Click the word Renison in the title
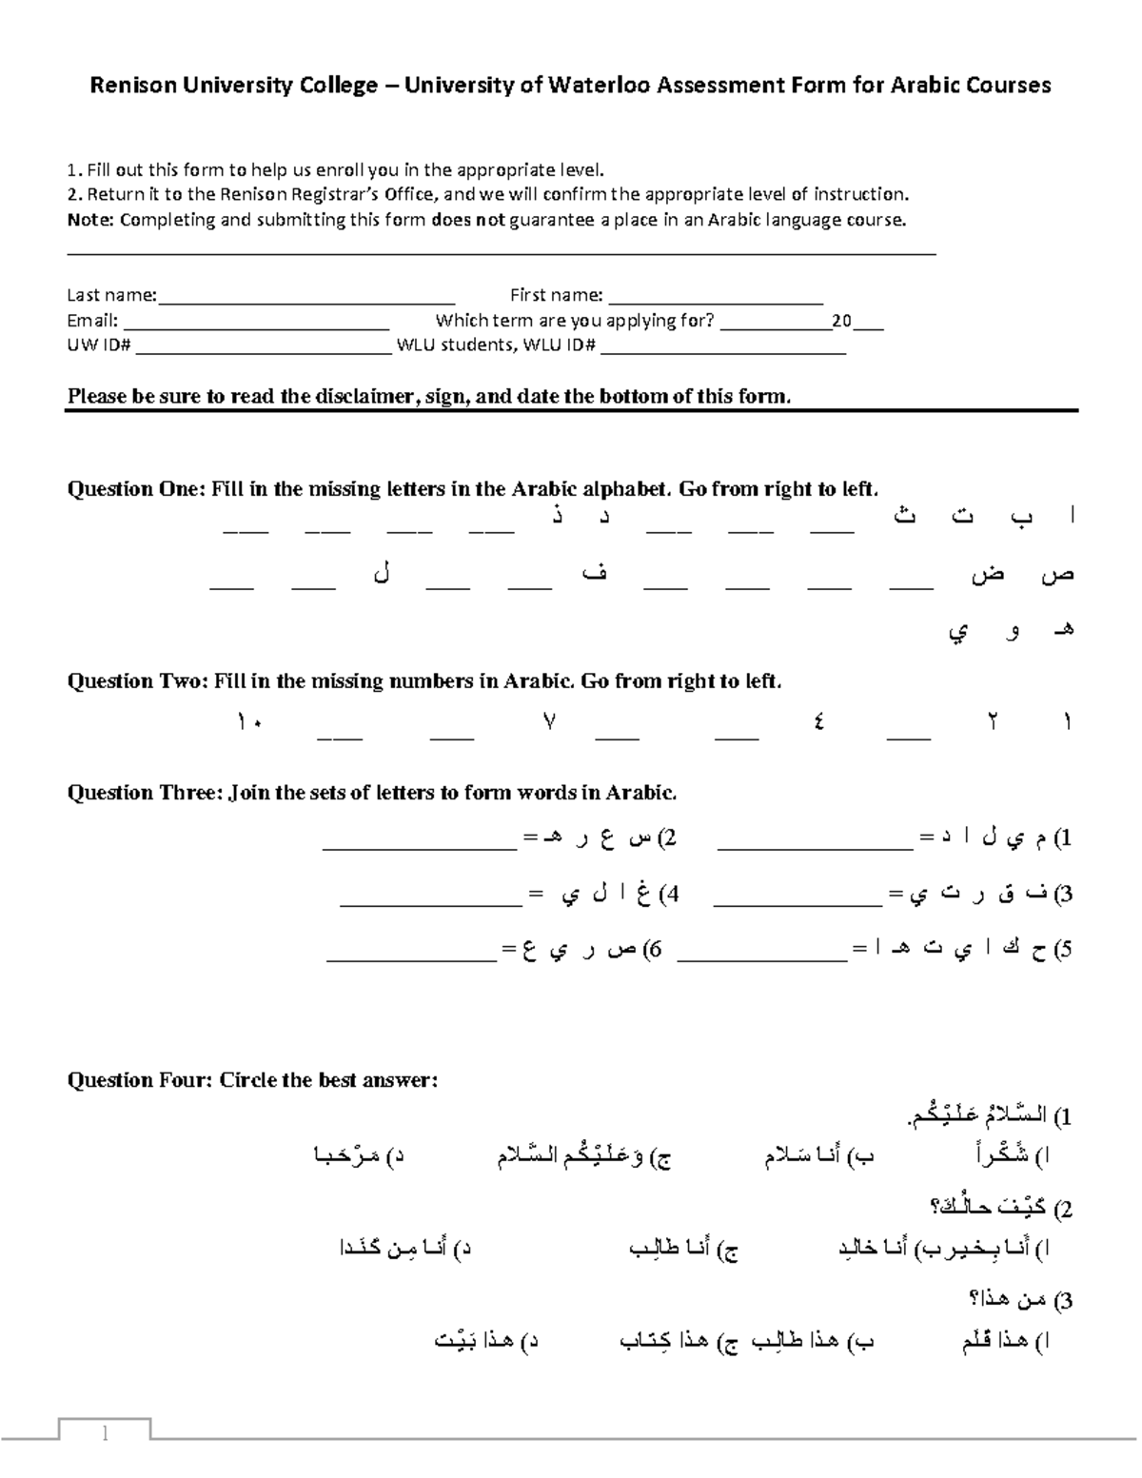coord(126,86)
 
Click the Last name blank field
coord(306,297)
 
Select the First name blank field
coord(715,297)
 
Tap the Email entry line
coord(256,322)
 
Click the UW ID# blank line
coord(264,346)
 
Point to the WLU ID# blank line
coord(723,346)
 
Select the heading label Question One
coord(135,489)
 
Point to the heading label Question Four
coord(140,1080)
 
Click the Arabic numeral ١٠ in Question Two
coord(250,722)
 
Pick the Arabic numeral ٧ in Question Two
coord(549,722)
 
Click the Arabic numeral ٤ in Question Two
coord(818,722)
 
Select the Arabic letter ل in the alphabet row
coord(383,576)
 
